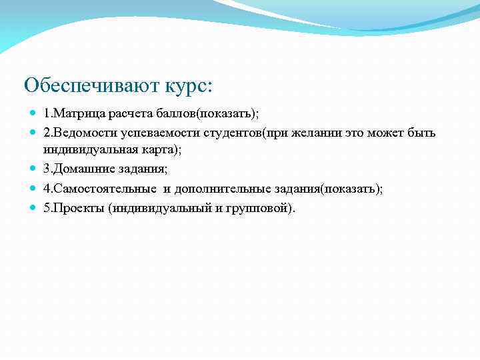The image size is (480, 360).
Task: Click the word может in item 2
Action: point(386,133)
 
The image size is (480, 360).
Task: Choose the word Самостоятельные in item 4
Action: point(100,189)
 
